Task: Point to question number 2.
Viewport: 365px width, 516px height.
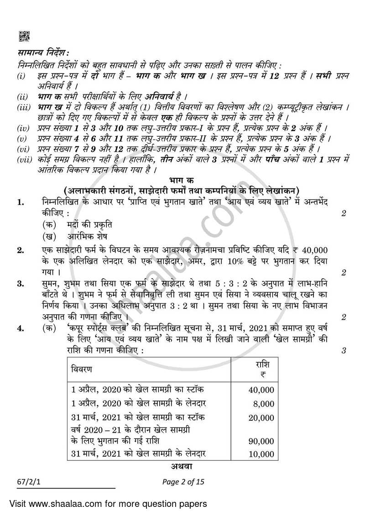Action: tap(21, 250)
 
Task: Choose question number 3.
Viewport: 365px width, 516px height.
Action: tap(21, 284)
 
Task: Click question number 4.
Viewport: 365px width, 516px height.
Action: tap(21, 328)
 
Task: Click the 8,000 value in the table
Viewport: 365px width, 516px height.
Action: tap(264, 404)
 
